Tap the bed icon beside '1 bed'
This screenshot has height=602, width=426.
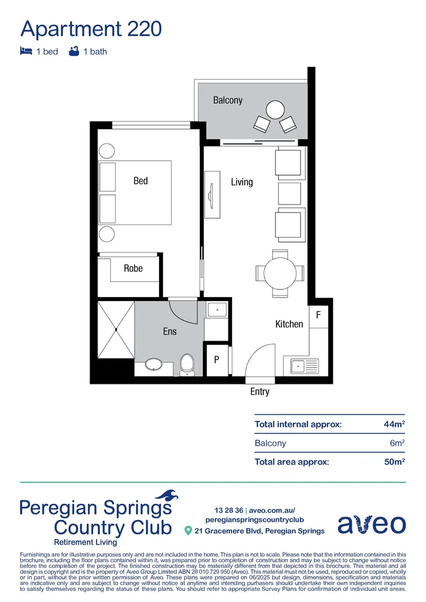point(26,51)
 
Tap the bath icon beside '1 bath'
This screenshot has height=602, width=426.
point(73,51)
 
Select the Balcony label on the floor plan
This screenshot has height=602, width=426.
point(227,100)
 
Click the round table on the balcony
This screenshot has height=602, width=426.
point(274,108)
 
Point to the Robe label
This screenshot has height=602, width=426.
point(133,269)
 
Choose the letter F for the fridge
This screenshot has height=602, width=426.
point(318,315)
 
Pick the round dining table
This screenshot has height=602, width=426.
point(280,273)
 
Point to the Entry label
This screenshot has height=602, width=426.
point(260,392)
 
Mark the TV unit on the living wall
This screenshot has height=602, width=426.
point(212,194)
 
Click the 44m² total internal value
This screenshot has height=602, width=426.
point(394,424)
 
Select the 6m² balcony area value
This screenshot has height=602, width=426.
point(396,443)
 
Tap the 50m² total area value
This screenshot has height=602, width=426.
point(394,462)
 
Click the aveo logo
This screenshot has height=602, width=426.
point(371,525)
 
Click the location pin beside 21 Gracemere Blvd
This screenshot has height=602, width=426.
point(188,531)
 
